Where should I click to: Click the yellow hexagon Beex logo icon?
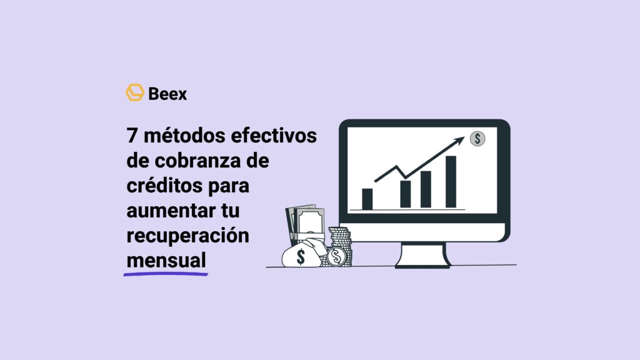134,92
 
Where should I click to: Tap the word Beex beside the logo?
167,94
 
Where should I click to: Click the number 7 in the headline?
131,136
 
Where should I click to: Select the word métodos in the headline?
181,136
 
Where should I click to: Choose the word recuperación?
187,236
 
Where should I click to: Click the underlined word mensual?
166,261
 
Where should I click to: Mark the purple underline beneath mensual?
166,274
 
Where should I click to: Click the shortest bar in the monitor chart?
367,199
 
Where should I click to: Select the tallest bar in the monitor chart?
451,181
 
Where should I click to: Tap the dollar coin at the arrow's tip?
478,137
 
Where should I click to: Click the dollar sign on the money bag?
301,256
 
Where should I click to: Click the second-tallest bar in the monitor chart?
426,189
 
